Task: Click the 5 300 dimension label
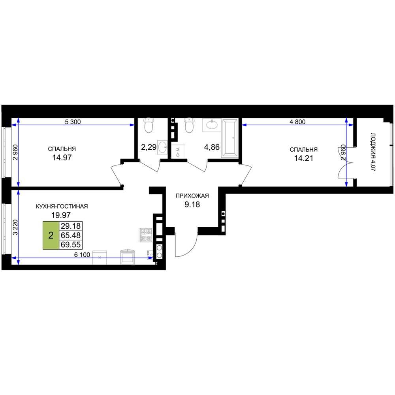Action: coord(73,122)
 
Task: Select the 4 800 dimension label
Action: coord(297,122)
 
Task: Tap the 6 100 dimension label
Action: coord(82,255)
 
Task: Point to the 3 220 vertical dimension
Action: coord(16,227)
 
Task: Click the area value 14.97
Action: coord(62,158)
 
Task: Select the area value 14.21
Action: coord(303,158)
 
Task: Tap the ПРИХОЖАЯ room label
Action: coord(192,196)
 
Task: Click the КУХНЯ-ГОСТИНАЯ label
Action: coord(62,206)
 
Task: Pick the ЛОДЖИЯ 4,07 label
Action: coord(373,152)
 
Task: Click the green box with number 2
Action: coord(51,235)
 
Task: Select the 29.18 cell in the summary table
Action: coord(71,226)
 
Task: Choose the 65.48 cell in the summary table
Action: coord(71,235)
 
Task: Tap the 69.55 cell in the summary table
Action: coord(71,245)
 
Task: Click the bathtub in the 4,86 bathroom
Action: coord(229,138)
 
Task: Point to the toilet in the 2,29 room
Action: coord(149,126)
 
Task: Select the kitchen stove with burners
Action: coord(146,235)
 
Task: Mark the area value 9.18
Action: coord(192,205)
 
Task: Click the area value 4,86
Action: coord(212,147)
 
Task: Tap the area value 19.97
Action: coord(61,215)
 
